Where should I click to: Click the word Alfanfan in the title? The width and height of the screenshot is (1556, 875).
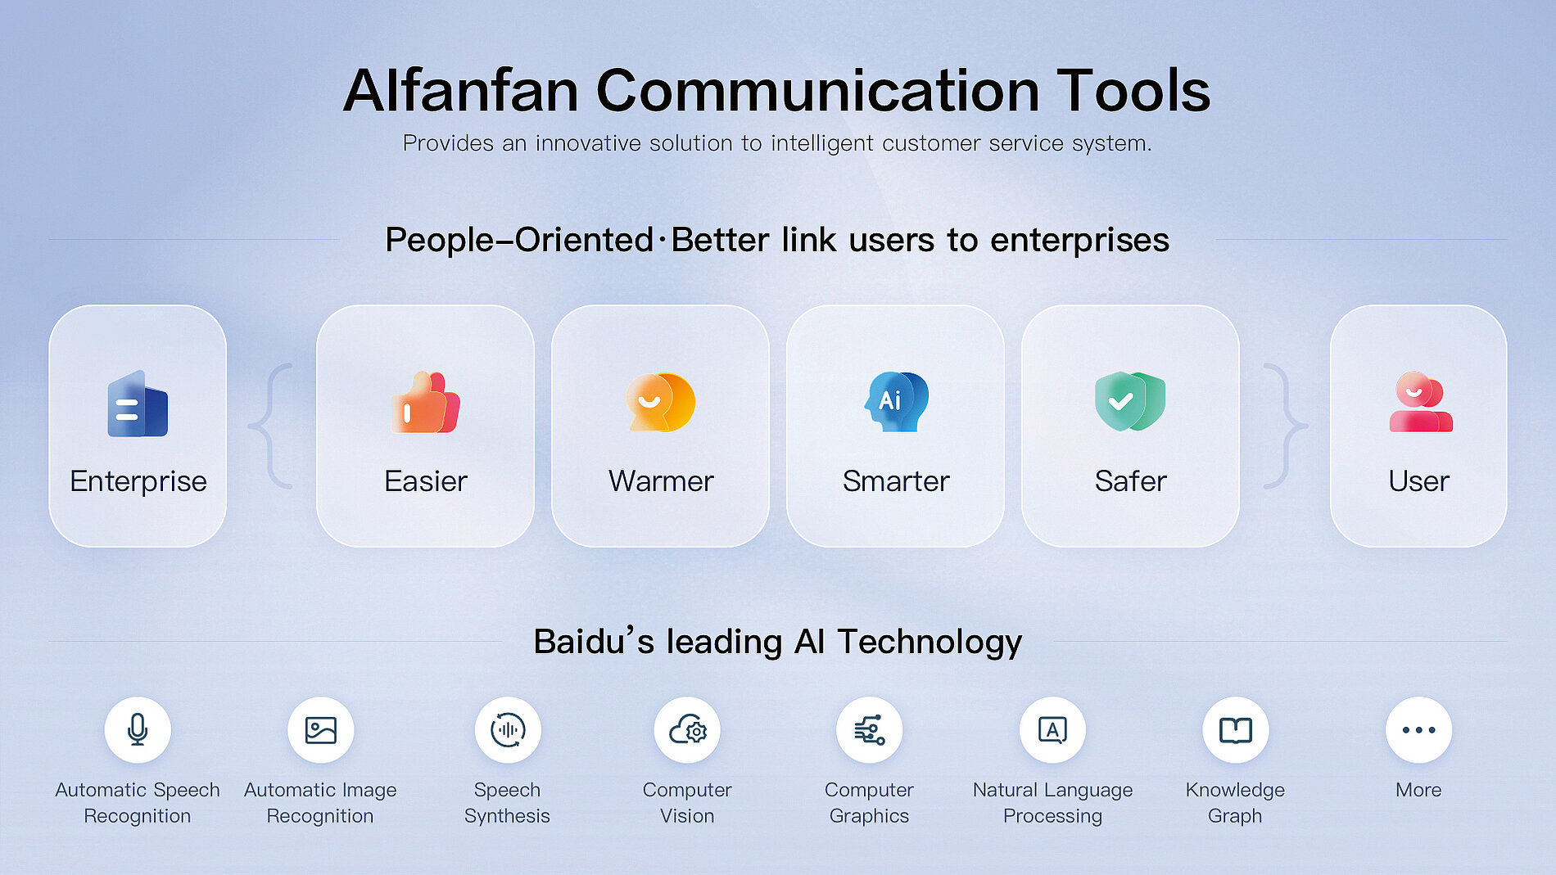click(461, 90)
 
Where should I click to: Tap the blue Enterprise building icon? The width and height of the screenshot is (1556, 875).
click(138, 404)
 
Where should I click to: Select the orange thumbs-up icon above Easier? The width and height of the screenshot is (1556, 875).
click(425, 402)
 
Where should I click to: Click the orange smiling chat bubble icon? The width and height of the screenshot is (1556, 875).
click(660, 402)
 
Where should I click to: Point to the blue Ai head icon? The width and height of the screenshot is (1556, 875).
click(897, 402)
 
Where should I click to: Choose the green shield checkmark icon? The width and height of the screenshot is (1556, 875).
click(1130, 401)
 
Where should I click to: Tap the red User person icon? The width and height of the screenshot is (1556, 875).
click(1420, 402)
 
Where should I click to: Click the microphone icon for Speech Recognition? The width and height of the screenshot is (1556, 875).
click(138, 729)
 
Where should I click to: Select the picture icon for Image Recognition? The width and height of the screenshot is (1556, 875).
click(320, 729)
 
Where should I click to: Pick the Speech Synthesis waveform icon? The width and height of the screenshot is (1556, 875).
click(508, 729)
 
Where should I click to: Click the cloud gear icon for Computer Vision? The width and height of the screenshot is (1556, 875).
click(687, 729)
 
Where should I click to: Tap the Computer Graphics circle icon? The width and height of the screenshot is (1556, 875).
click(869, 729)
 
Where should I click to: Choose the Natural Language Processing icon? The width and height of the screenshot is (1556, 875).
click(1052, 729)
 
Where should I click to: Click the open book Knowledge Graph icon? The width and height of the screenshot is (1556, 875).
click(1236, 729)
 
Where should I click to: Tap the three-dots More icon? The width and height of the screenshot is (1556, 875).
click(1419, 729)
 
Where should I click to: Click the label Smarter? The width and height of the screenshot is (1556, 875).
click(896, 481)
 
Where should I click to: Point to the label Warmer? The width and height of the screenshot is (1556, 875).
click(661, 481)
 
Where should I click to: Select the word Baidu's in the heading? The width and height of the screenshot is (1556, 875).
click(594, 641)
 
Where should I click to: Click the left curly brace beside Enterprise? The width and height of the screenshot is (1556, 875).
click(271, 426)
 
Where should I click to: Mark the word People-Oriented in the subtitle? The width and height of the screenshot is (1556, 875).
click(519, 240)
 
